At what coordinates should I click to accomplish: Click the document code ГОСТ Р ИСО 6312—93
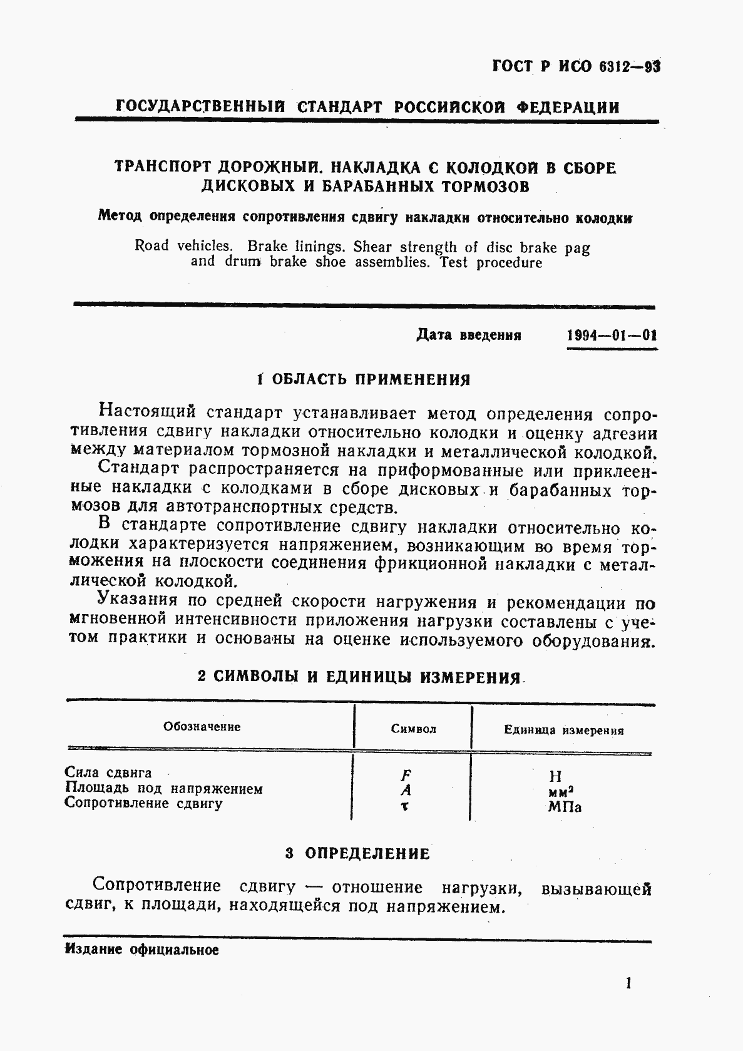click(576, 66)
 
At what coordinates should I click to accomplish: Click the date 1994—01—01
click(612, 335)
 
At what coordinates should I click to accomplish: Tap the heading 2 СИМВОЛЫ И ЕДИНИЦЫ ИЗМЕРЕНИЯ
click(359, 677)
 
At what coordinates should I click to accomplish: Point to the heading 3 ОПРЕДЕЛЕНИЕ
click(357, 853)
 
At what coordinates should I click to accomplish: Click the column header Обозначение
click(202, 727)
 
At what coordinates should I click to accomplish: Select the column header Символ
click(413, 729)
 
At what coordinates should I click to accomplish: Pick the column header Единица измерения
click(563, 730)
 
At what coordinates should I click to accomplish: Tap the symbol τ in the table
click(405, 806)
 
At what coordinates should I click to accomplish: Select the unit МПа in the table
click(565, 807)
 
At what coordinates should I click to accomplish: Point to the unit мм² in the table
click(561, 792)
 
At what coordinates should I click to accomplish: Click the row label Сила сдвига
click(108, 773)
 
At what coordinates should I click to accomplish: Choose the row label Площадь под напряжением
click(164, 789)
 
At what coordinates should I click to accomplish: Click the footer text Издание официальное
click(141, 950)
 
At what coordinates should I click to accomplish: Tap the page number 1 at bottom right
click(628, 983)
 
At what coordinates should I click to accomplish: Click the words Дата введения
click(468, 335)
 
